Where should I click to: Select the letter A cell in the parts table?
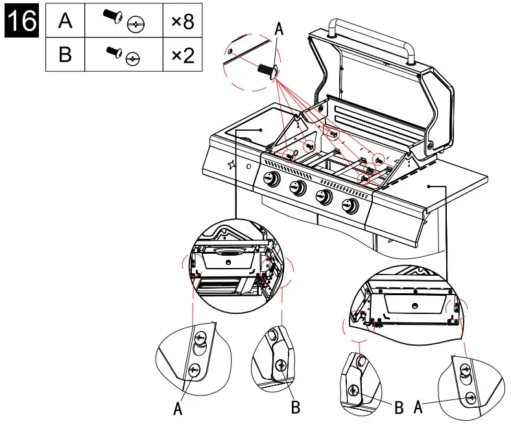click(x=65, y=21)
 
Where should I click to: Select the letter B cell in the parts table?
click(x=65, y=54)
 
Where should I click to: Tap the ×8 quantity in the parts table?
click(x=182, y=21)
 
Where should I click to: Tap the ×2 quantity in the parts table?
click(x=182, y=54)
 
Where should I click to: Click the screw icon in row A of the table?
click(x=123, y=21)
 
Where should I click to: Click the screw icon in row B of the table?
click(x=123, y=54)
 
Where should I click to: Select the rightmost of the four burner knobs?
click(x=350, y=206)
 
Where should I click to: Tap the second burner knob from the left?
click(x=298, y=189)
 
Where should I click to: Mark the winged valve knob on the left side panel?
click(x=232, y=164)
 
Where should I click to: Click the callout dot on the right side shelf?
click(x=429, y=185)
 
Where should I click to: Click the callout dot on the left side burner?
click(x=261, y=129)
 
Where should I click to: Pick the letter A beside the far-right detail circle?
click(x=418, y=407)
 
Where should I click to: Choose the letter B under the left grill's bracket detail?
click(x=295, y=407)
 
